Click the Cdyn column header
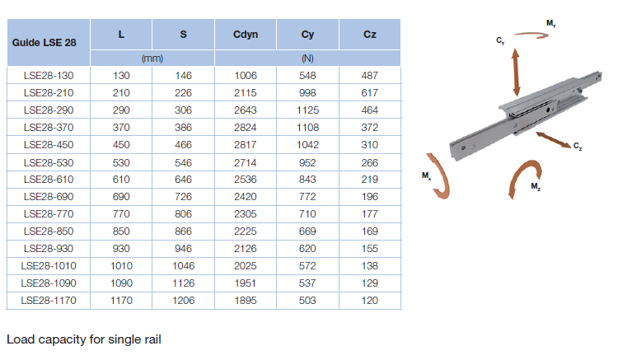[x=246, y=35]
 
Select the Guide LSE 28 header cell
[x=44, y=43]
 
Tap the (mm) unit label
[x=152, y=58]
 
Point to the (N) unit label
[x=307, y=58]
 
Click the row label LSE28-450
[x=49, y=145]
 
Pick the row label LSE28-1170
[x=49, y=301]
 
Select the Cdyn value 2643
[x=246, y=110]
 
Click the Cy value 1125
[x=307, y=110]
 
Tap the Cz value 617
[x=370, y=93]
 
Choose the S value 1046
[x=183, y=266]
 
